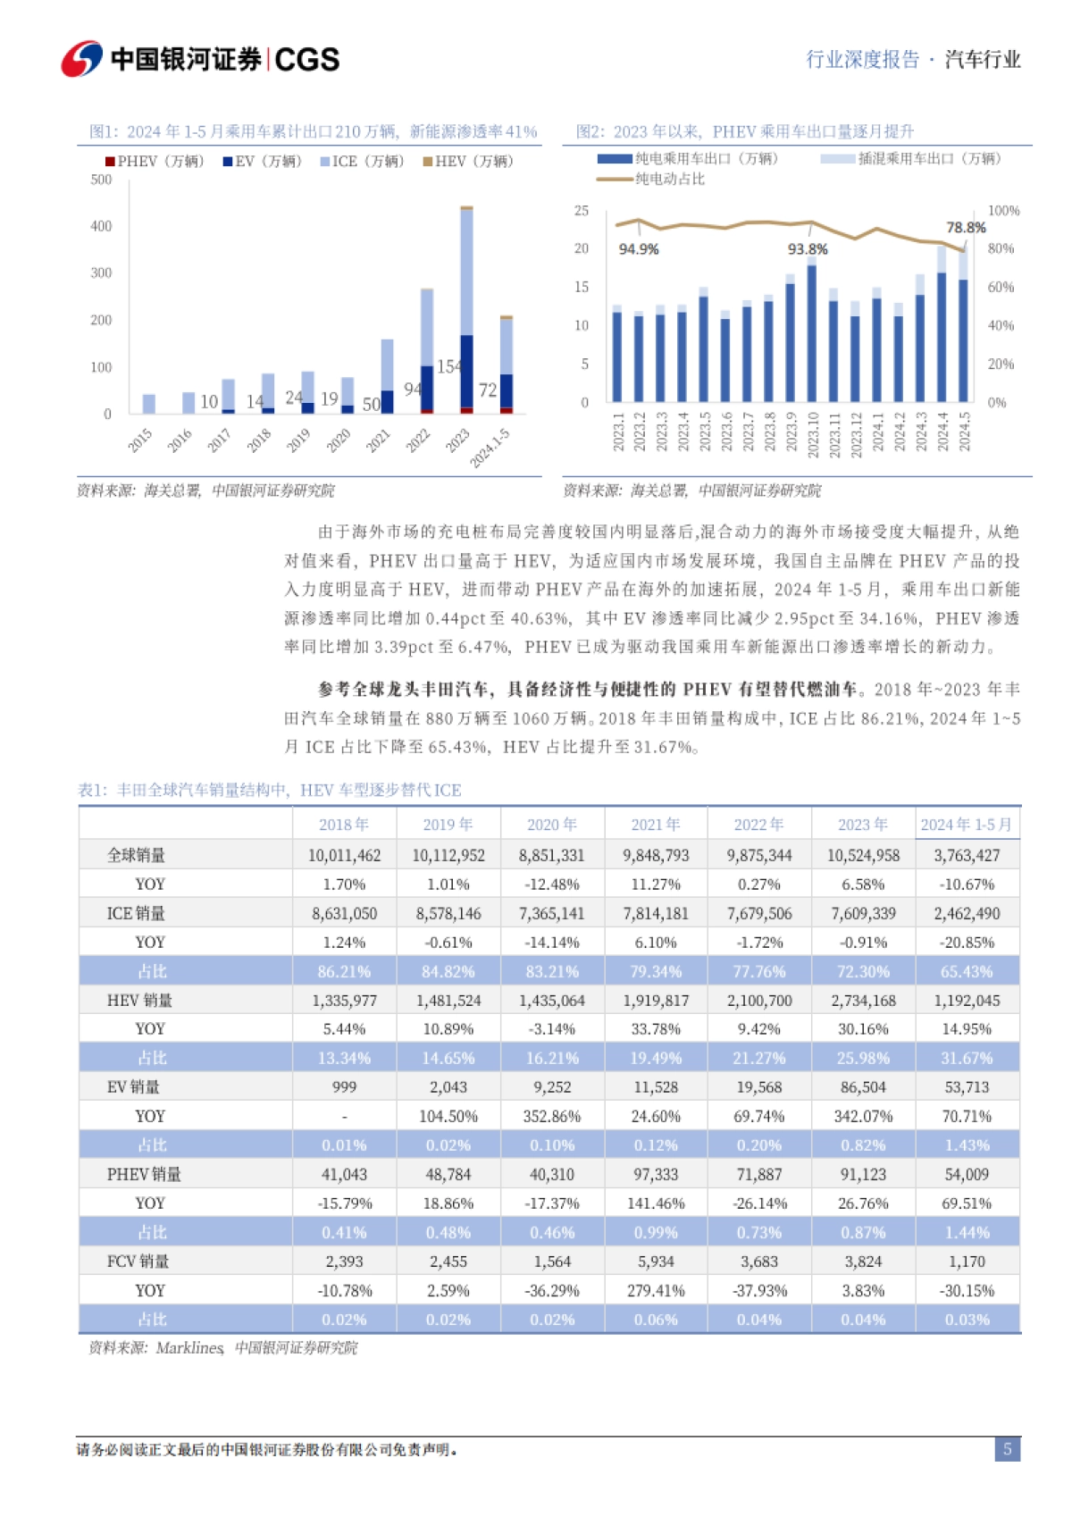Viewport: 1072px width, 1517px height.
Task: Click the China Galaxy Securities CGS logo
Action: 200,59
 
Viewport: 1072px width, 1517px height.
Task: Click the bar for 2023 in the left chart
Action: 466,309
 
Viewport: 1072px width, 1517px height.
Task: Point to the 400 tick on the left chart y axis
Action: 101,227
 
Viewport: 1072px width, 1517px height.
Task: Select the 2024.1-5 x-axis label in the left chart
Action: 490,446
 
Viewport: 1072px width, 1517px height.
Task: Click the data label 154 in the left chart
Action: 449,366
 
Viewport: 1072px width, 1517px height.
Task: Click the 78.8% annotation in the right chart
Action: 966,228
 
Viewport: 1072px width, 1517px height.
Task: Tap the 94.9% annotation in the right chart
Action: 639,249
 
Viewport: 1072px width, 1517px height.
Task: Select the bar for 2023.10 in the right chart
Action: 812,333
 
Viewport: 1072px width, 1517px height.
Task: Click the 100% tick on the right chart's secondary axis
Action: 1003,211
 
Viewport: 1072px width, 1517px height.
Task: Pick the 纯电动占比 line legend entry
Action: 652,179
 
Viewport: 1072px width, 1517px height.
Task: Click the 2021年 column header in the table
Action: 656,825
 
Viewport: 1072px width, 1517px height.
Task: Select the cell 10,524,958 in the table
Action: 863,855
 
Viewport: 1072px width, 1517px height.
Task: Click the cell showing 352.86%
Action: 552,1116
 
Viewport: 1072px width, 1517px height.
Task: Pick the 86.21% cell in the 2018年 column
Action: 344,971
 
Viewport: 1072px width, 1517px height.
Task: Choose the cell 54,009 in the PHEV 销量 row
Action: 967,1174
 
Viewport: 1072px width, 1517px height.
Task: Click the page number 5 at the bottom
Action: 1007,1449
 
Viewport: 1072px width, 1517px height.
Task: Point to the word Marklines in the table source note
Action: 189,1347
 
